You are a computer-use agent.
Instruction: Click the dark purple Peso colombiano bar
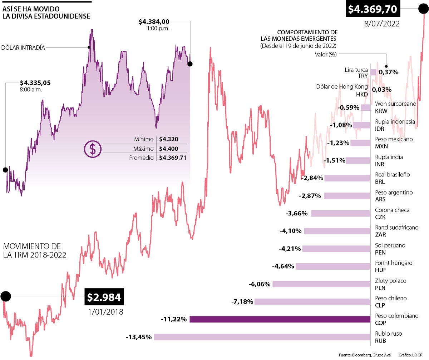point(280,319)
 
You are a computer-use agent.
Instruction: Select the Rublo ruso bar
point(262,337)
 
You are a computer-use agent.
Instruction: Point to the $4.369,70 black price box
point(373,9)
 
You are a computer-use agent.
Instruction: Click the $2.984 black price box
point(104,297)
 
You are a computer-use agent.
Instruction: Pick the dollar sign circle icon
point(93,149)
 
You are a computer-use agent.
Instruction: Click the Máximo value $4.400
point(169,149)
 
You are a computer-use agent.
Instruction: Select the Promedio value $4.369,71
point(173,157)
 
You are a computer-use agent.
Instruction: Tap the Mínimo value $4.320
point(169,140)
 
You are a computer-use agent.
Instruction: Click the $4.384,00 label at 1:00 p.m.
point(154,22)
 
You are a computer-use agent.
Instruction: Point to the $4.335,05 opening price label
point(35,83)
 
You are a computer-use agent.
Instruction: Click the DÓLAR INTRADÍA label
point(24,47)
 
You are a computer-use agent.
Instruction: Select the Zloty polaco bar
point(321,284)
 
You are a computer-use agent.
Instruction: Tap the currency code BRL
point(380,182)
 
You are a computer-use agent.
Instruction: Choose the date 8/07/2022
point(381,24)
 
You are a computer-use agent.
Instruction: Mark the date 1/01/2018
point(105,311)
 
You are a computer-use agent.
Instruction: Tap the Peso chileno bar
point(312,302)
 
